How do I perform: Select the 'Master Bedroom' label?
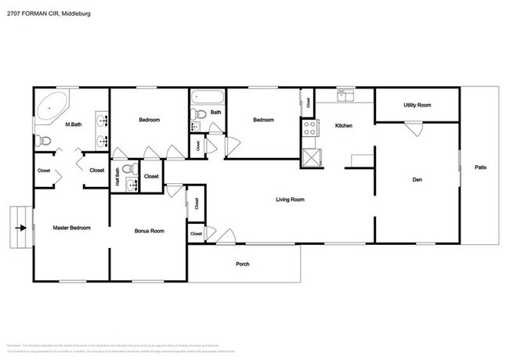coord(71,228)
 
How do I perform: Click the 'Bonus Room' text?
coord(149,231)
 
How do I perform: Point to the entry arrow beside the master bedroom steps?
coord(22,229)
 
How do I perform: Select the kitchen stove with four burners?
coord(309,128)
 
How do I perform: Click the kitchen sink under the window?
coord(346,97)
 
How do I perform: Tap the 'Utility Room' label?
coord(417,105)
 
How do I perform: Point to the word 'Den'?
coord(417,180)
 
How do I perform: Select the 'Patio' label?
coord(482,167)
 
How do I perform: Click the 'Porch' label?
coord(243,264)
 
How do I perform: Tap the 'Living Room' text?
coord(290,200)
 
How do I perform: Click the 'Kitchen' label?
coord(344,126)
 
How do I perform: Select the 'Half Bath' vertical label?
coord(118,177)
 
